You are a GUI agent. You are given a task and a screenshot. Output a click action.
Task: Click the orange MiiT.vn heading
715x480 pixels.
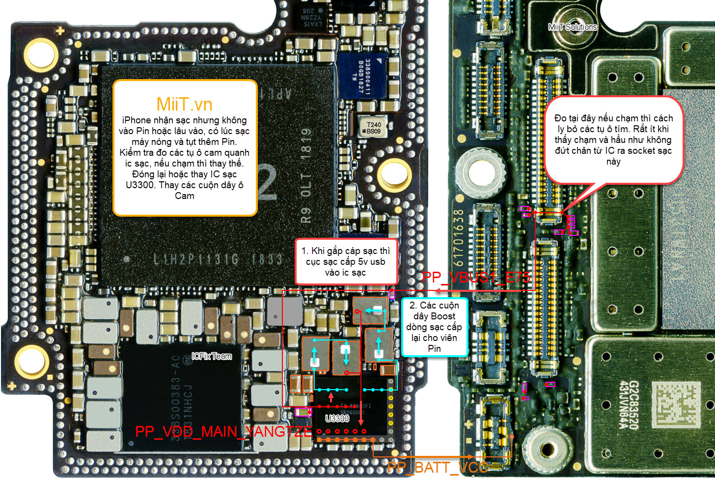click(184, 104)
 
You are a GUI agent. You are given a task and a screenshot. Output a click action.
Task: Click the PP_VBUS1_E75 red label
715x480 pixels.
click(476, 277)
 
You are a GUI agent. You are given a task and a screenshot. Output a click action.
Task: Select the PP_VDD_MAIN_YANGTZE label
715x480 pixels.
click(223, 431)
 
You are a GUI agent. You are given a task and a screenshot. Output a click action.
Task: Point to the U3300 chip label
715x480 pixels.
click(337, 418)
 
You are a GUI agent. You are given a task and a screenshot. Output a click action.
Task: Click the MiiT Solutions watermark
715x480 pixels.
click(573, 27)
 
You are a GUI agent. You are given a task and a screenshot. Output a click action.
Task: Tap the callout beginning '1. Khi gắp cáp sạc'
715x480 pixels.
click(346, 261)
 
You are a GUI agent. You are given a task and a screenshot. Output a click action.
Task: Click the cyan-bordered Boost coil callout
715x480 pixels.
click(434, 327)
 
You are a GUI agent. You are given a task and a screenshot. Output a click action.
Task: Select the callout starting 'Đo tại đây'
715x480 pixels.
click(613, 140)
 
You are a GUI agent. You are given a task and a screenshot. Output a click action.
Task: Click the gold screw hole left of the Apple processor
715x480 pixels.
click(41, 54)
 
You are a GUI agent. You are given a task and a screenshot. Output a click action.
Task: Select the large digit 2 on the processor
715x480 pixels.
click(268, 183)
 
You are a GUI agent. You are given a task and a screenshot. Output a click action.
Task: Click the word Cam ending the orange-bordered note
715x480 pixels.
click(185, 196)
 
